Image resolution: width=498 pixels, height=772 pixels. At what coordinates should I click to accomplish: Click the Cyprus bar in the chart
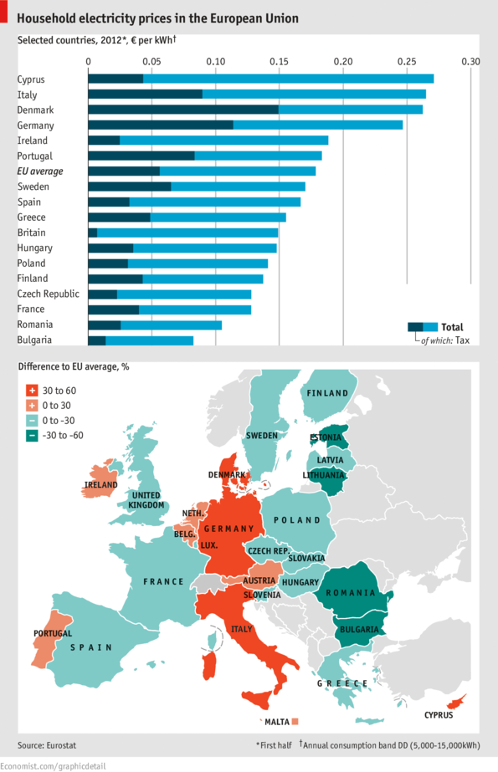click(260, 79)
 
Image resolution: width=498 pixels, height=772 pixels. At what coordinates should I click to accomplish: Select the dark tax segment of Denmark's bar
click(182, 110)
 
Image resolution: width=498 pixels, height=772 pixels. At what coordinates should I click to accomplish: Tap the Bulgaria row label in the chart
click(34, 340)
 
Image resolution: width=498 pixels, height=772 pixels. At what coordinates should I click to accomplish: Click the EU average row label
click(40, 171)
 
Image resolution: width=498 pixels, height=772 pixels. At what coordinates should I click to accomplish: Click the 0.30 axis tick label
click(471, 62)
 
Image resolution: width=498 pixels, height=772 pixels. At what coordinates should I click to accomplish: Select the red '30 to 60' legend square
click(32, 390)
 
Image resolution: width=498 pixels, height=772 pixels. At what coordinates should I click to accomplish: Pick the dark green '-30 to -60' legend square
click(32, 435)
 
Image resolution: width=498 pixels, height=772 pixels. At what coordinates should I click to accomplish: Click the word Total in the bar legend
click(452, 327)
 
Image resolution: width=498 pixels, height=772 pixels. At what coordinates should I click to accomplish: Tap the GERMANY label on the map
click(228, 529)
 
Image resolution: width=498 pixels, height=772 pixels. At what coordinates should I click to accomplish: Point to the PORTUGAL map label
click(52, 633)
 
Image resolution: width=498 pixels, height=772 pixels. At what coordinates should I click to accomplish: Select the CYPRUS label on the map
click(438, 715)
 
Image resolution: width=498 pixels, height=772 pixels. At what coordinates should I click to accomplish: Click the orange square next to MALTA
click(295, 720)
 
